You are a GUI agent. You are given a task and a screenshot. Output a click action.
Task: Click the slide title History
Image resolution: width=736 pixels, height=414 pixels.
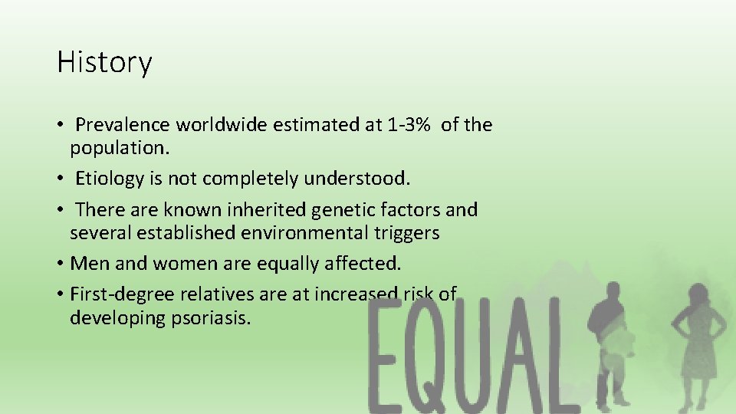pyautogui.click(x=104, y=62)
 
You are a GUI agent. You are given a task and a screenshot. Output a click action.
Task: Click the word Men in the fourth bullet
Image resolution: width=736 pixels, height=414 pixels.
pyautogui.click(x=87, y=264)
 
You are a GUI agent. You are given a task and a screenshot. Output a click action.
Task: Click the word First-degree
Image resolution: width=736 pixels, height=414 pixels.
pyautogui.click(x=116, y=294)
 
